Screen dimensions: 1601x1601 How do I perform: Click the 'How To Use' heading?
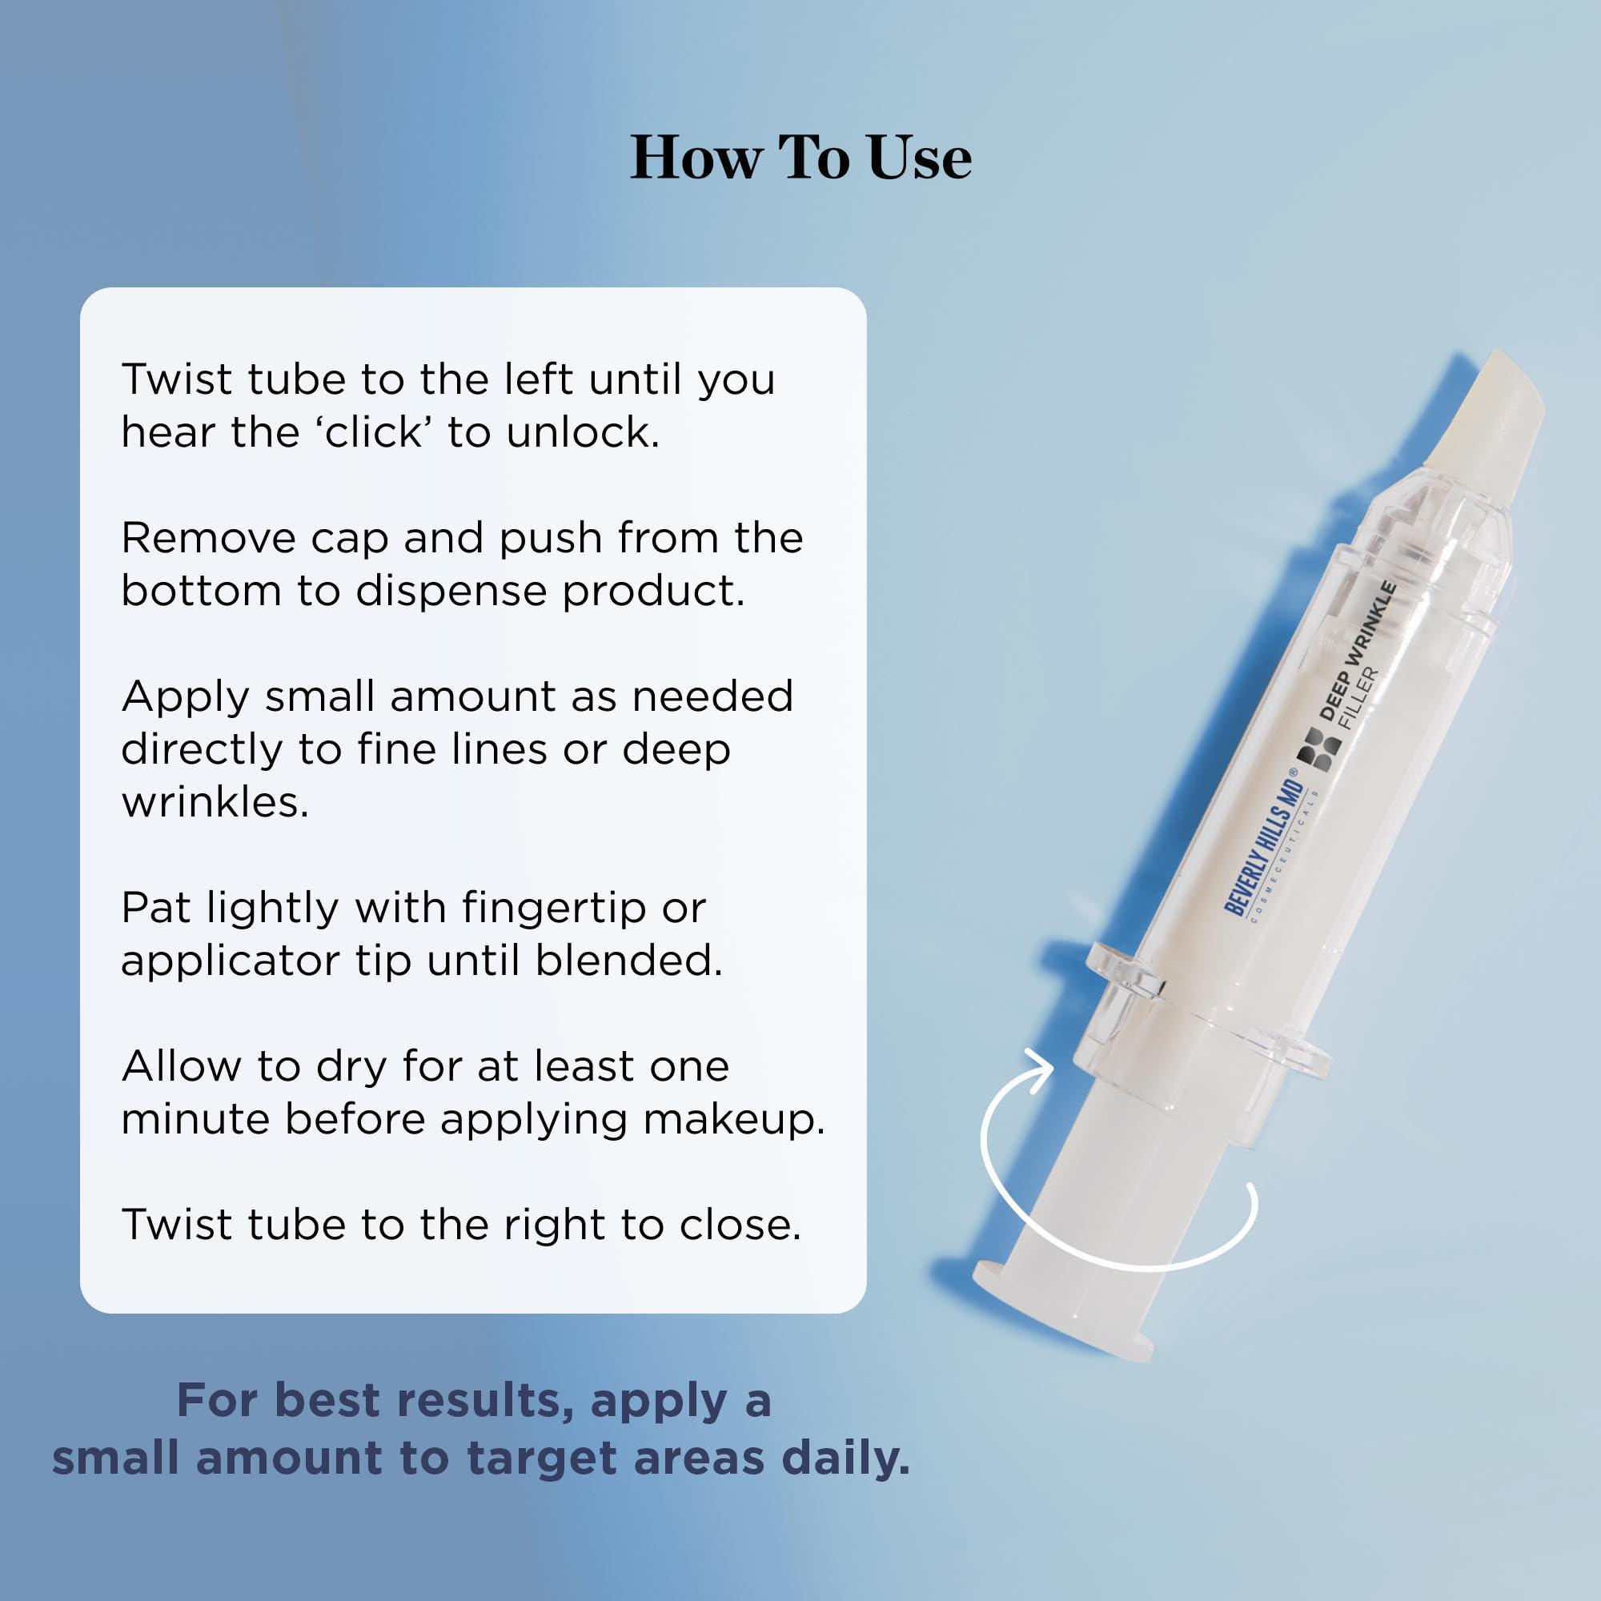(x=800, y=158)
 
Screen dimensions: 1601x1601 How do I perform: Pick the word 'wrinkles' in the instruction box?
(x=214, y=802)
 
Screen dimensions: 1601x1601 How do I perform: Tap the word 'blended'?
(x=628, y=961)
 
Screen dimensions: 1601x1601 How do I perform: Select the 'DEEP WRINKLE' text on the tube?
(x=1359, y=651)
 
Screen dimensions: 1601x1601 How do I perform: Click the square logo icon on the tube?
(x=1319, y=750)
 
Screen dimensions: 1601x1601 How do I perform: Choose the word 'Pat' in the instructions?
(x=155, y=909)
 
